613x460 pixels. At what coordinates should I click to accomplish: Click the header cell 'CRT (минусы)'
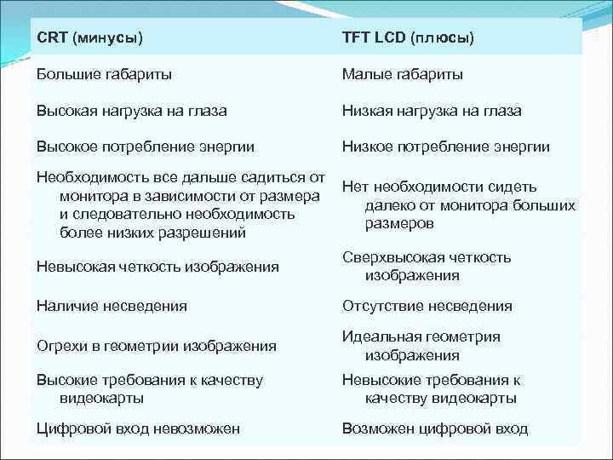click(89, 38)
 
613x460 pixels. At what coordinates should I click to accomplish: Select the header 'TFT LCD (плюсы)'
click(408, 38)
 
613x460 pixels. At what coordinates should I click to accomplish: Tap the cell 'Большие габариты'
click(104, 75)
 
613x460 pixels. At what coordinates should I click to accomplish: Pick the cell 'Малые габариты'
click(403, 75)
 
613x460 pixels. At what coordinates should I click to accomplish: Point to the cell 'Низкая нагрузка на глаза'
click(432, 111)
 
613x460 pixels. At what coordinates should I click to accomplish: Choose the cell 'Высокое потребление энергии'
click(145, 147)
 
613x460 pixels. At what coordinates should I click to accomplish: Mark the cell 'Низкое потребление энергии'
click(445, 147)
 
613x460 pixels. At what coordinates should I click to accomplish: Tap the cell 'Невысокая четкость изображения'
click(158, 267)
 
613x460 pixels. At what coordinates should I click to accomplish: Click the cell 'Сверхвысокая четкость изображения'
click(426, 266)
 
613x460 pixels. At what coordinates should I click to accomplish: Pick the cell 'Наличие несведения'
click(112, 306)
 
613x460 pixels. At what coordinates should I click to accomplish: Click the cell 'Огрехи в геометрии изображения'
click(156, 345)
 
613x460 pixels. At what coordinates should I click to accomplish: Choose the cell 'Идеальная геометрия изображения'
click(421, 345)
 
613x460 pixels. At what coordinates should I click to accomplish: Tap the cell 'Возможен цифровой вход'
click(435, 428)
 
